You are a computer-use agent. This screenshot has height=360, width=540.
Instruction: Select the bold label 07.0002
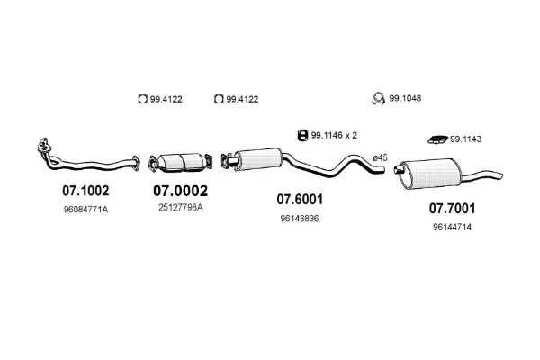180,191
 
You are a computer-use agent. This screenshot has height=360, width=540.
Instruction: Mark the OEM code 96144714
452,228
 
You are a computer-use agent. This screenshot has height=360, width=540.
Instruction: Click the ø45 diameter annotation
380,158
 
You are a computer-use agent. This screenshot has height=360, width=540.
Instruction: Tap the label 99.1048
410,99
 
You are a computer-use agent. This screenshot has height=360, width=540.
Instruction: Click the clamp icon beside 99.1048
381,99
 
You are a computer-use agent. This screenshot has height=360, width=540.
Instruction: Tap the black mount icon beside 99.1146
302,135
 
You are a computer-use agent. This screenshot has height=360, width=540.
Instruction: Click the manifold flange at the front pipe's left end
41,147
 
